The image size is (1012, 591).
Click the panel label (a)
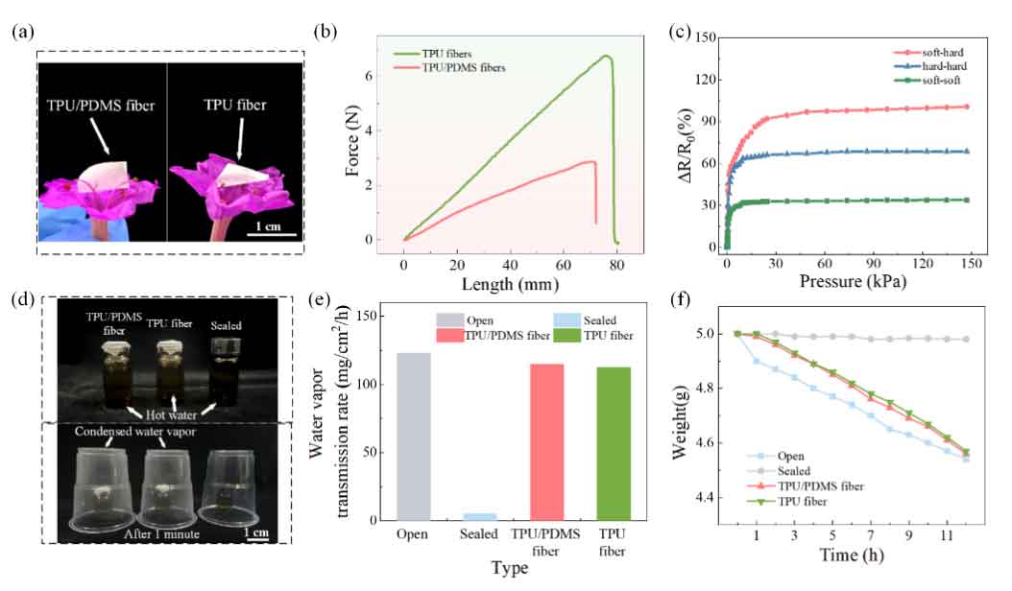click(x=22, y=32)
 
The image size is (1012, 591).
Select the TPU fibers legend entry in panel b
click(x=446, y=52)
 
